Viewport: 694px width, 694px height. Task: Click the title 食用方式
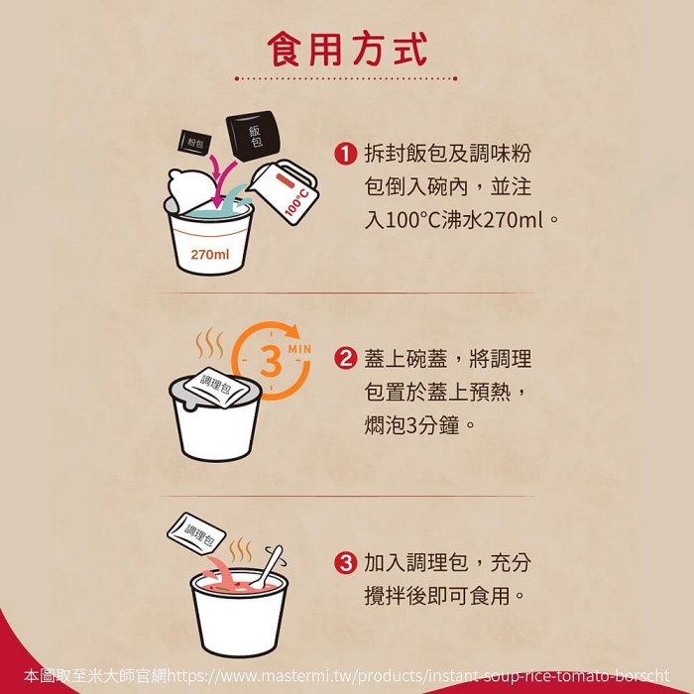point(347,49)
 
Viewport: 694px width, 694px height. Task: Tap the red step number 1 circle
point(344,154)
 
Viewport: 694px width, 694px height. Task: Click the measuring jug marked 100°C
point(288,192)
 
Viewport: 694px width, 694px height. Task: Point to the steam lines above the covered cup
point(209,345)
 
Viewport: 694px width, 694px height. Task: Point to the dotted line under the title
point(347,77)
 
